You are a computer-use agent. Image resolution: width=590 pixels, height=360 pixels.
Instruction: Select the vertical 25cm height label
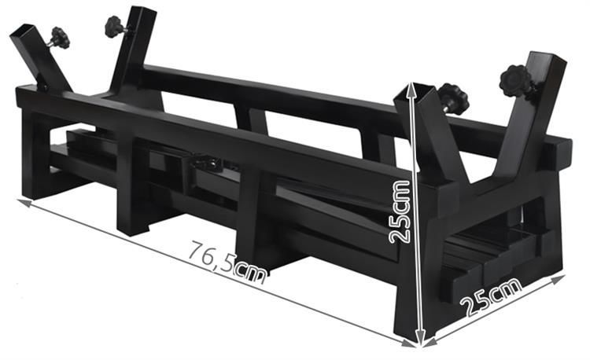coord(400,211)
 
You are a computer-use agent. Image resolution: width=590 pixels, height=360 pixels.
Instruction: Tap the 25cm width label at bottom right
coord(492,297)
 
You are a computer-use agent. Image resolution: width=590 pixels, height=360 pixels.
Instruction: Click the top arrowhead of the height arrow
coord(413,88)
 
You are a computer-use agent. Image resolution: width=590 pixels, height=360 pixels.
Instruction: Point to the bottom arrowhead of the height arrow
coord(421,336)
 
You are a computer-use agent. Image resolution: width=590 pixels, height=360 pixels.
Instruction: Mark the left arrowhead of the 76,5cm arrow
coord(24,202)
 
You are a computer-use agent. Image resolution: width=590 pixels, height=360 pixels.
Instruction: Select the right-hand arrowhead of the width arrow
coord(559,278)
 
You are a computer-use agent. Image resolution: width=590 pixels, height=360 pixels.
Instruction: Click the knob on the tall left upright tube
coord(114,26)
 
